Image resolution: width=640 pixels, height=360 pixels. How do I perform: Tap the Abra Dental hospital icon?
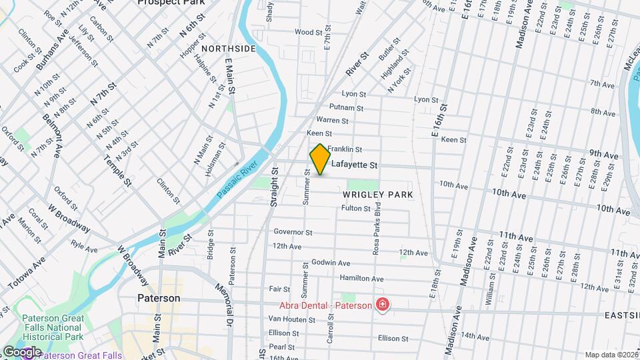[x=383, y=305]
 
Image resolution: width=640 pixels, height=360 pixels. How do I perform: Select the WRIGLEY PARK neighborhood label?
[x=378, y=195]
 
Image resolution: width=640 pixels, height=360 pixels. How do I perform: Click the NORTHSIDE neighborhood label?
[x=229, y=49]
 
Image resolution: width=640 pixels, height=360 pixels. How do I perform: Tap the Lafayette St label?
[x=355, y=165]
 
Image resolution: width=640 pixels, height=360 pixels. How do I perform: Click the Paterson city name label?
[x=159, y=298]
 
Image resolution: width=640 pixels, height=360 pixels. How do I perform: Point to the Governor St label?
[x=293, y=233]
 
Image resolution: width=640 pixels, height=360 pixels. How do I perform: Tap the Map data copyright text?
[x=611, y=355]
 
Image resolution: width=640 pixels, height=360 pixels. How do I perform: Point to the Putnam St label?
[x=346, y=107]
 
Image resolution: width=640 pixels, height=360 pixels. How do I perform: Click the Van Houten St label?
[x=292, y=319]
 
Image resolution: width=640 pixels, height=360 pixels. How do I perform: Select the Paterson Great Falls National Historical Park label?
[x=52, y=327]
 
